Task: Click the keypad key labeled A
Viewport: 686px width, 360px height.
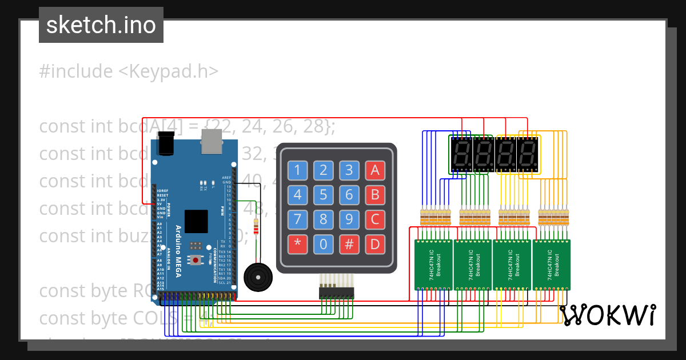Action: point(375,170)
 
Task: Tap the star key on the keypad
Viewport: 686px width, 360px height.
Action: point(297,245)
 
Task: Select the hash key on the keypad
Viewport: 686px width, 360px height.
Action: point(349,245)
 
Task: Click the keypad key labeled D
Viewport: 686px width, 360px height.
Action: point(375,245)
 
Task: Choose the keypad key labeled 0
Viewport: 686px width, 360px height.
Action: point(323,245)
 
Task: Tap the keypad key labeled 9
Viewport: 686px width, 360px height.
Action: point(349,219)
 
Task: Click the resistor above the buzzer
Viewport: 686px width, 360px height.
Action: point(256,227)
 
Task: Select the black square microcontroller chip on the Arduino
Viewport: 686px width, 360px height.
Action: point(196,221)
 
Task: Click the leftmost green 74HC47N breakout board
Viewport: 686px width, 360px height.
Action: point(433,265)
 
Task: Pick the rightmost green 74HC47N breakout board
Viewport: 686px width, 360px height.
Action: point(552,265)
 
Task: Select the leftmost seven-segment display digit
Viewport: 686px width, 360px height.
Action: point(461,154)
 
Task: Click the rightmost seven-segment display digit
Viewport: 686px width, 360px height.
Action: point(528,154)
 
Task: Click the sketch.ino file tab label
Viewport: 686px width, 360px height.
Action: point(101,25)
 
